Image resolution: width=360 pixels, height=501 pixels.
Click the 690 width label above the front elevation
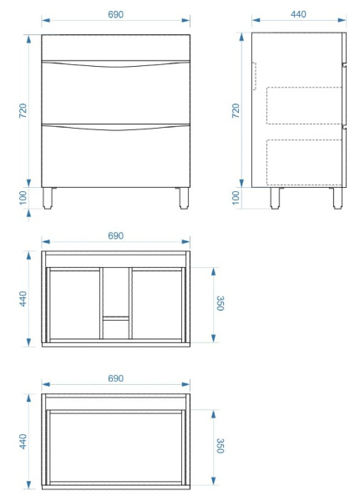115,15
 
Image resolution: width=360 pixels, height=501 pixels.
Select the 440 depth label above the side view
298,14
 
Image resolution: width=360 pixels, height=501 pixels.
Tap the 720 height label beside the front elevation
23,110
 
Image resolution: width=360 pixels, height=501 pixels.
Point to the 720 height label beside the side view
236,110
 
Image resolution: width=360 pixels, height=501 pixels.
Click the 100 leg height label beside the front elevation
23,198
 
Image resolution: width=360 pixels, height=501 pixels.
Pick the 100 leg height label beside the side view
236,198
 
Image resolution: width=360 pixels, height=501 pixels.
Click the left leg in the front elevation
48,198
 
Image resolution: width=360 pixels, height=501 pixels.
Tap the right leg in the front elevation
184,198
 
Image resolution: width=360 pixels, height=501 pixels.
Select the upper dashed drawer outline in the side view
304,105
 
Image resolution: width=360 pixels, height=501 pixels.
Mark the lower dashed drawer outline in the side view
304,162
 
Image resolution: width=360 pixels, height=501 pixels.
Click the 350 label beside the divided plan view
221,303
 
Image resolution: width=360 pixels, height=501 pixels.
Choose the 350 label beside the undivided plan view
221,446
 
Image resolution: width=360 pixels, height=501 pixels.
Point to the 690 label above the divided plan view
115,235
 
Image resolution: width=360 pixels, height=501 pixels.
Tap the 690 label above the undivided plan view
115,378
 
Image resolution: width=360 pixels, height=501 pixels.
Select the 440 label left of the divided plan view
23,299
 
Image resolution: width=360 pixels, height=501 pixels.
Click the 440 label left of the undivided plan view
23,441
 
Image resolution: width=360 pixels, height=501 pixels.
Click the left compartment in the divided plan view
75,305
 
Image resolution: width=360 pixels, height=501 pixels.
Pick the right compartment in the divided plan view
157,305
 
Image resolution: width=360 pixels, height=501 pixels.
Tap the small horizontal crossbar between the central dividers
116,318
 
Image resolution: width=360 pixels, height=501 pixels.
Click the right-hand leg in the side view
337,198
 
